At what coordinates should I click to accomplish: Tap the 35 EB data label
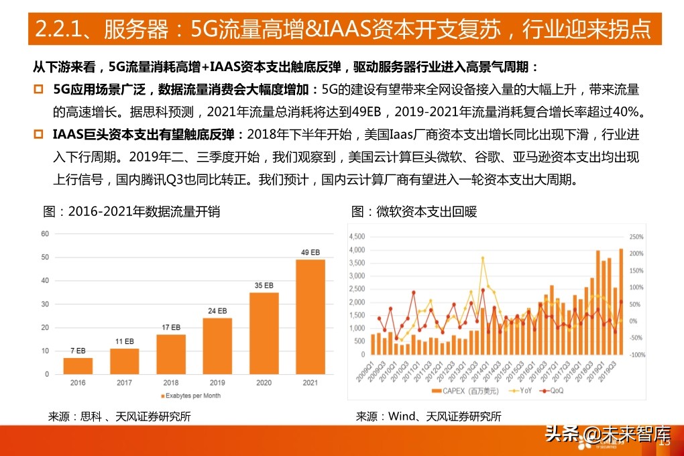pos(264,285)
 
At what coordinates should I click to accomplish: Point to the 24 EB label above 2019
pos(217,310)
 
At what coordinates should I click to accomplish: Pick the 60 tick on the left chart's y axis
pos(45,234)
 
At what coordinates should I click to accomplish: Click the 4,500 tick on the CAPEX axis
pos(355,237)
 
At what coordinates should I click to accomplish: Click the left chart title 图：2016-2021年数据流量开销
pos(131,212)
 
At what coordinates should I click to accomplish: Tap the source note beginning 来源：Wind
pos(429,416)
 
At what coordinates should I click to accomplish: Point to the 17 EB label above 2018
pos(171,327)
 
